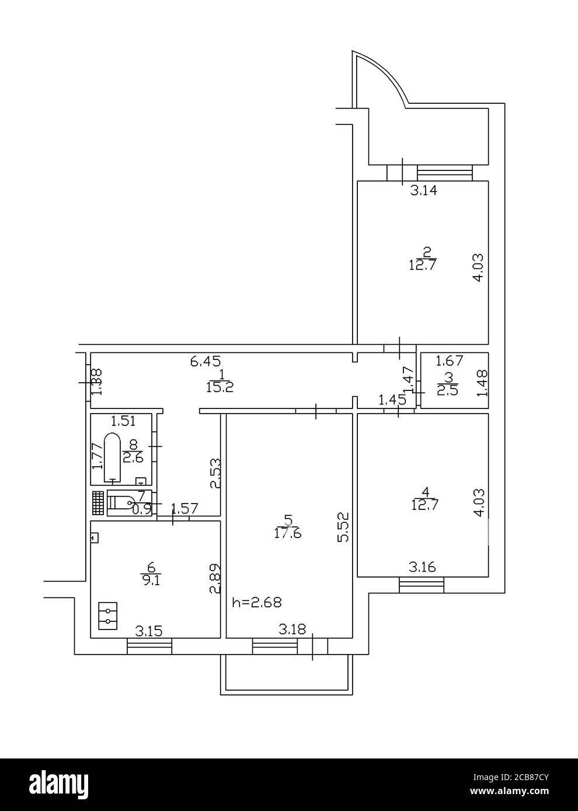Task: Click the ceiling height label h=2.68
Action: pyautogui.click(x=257, y=602)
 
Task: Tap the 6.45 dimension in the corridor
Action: pyautogui.click(x=206, y=362)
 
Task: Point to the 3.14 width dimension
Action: pyautogui.click(x=424, y=190)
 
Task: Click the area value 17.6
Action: pyautogui.click(x=287, y=533)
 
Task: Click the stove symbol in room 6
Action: pyautogui.click(x=107, y=616)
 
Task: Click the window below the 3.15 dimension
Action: pyautogui.click(x=149, y=646)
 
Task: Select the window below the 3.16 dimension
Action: pyautogui.click(x=422, y=585)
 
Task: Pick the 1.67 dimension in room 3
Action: pyautogui.click(x=450, y=361)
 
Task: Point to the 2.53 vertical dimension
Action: pyautogui.click(x=215, y=473)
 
